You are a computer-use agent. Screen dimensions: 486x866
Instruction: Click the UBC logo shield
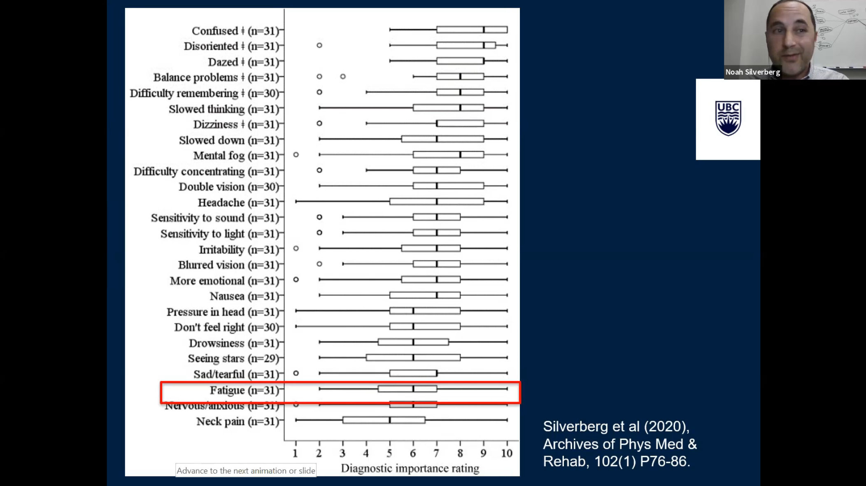coord(728,118)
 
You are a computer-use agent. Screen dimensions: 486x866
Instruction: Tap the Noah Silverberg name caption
coord(752,72)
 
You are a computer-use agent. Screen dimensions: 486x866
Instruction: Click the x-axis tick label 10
coord(507,453)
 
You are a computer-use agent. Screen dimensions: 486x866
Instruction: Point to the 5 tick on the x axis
coord(389,453)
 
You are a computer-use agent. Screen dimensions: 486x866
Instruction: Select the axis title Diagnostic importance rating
coord(410,468)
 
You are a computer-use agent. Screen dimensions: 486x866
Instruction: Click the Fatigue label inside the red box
coord(227,390)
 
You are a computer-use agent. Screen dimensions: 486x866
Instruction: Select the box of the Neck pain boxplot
coord(384,420)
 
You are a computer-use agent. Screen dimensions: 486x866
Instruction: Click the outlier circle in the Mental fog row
coord(296,155)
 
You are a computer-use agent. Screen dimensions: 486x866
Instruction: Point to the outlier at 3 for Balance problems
coord(343,77)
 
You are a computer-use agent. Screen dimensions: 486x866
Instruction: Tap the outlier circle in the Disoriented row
coord(319,45)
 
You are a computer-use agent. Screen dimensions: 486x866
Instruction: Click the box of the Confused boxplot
coord(472,30)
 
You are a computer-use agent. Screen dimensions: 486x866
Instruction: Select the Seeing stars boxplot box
coord(413,358)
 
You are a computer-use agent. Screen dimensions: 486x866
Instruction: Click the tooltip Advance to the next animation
coord(246,470)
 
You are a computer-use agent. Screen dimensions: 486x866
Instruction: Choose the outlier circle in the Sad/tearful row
coord(296,373)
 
